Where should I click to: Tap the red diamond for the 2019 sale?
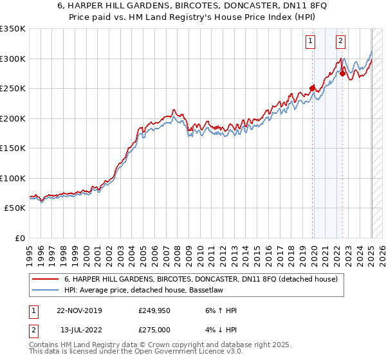pos(313,88)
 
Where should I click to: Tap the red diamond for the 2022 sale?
pos(343,73)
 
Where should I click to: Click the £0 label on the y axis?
pos(19,238)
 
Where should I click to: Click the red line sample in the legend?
pos(46,279)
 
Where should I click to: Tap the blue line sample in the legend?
pos(46,290)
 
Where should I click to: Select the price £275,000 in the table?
pos(154,329)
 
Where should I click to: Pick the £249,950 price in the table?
pos(154,310)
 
